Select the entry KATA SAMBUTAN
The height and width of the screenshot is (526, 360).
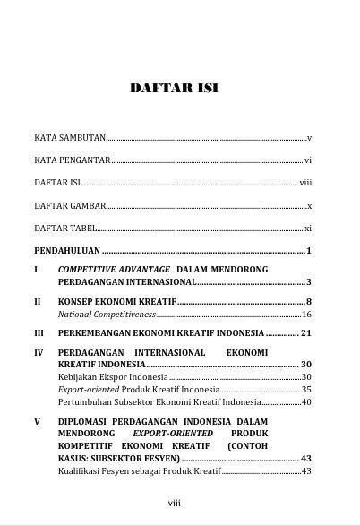(70, 138)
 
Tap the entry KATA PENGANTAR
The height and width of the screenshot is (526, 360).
(72, 160)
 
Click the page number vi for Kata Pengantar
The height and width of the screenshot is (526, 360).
(307, 160)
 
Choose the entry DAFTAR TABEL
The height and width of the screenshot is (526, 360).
(64, 229)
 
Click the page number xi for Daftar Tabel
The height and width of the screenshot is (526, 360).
(307, 229)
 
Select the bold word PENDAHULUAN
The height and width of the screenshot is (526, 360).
(67, 251)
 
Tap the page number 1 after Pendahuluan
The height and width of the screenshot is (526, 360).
(308, 251)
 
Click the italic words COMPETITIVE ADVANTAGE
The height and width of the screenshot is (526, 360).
(114, 270)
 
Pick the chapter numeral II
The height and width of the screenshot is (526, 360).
(38, 301)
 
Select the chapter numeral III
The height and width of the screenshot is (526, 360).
(39, 333)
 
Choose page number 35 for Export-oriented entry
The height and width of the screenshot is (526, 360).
(306, 390)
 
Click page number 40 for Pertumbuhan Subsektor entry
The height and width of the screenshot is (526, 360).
(306, 402)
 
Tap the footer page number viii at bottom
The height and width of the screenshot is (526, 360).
(175, 503)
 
